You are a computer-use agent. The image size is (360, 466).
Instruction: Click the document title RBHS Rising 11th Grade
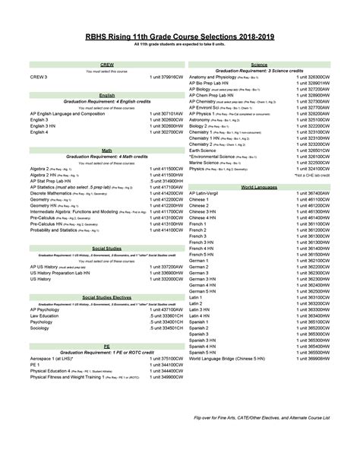click(x=180, y=35)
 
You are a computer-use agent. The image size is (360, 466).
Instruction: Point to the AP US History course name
click(x=51, y=267)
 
